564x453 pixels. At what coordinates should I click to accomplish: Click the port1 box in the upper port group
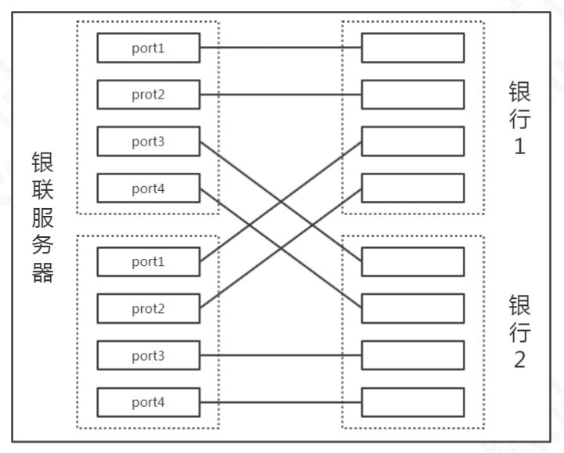click(148, 48)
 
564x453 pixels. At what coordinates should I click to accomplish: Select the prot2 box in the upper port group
click(148, 95)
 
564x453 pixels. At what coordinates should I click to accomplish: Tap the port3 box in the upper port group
click(148, 142)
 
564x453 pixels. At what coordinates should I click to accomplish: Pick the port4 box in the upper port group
click(148, 189)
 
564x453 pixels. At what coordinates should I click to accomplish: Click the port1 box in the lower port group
click(148, 261)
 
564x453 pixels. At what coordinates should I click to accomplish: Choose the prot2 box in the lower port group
click(148, 308)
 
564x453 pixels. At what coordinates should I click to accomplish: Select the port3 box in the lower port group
click(148, 356)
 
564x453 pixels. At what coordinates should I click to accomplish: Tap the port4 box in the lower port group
click(148, 402)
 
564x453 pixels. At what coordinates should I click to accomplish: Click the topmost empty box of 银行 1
click(412, 48)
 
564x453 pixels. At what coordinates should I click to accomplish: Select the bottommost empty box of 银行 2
click(412, 402)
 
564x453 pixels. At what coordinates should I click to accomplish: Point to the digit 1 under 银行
click(519, 146)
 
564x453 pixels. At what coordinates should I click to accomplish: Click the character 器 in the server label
click(42, 273)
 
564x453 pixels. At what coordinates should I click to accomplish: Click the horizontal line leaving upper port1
click(280, 48)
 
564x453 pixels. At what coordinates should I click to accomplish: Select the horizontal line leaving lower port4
click(280, 402)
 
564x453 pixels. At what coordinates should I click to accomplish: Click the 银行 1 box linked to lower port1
click(412, 142)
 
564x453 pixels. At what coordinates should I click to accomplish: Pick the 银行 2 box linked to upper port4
click(412, 308)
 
